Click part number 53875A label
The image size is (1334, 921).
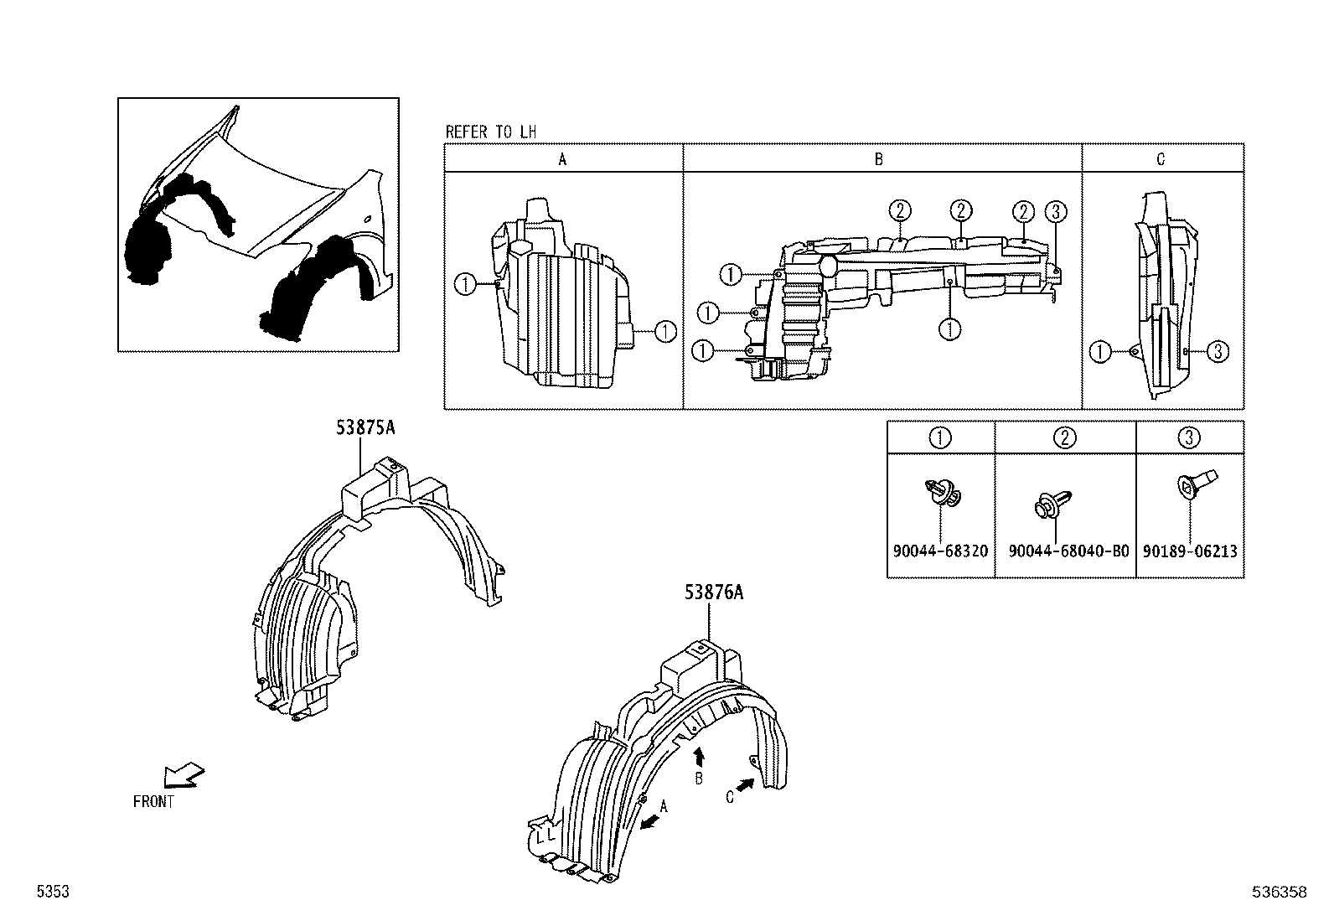pyautogui.click(x=365, y=428)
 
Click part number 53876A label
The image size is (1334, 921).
pyautogui.click(x=714, y=592)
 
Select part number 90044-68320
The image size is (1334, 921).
pyautogui.click(x=940, y=551)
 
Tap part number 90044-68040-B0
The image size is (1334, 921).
pyautogui.click(x=1068, y=551)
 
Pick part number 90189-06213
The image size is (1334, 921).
pyautogui.click(x=1190, y=551)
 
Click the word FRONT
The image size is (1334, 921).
pyautogui.click(x=153, y=802)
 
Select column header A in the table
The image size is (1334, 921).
pyautogui.click(x=562, y=159)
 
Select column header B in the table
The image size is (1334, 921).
pyautogui.click(x=878, y=159)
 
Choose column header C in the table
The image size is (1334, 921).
pyautogui.click(x=1161, y=159)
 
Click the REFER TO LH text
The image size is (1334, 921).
pyautogui.click(x=490, y=132)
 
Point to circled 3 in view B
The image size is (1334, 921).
pyautogui.click(x=1056, y=212)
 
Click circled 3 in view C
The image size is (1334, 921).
pyautogui.click(x=1218, y=352)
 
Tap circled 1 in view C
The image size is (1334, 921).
pyautogui.click(x=1099, y=352)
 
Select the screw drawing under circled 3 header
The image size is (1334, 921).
pyautogui.click(x=1189, y=485)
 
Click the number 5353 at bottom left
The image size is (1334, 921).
pyautogui.click(x=51, y=893)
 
